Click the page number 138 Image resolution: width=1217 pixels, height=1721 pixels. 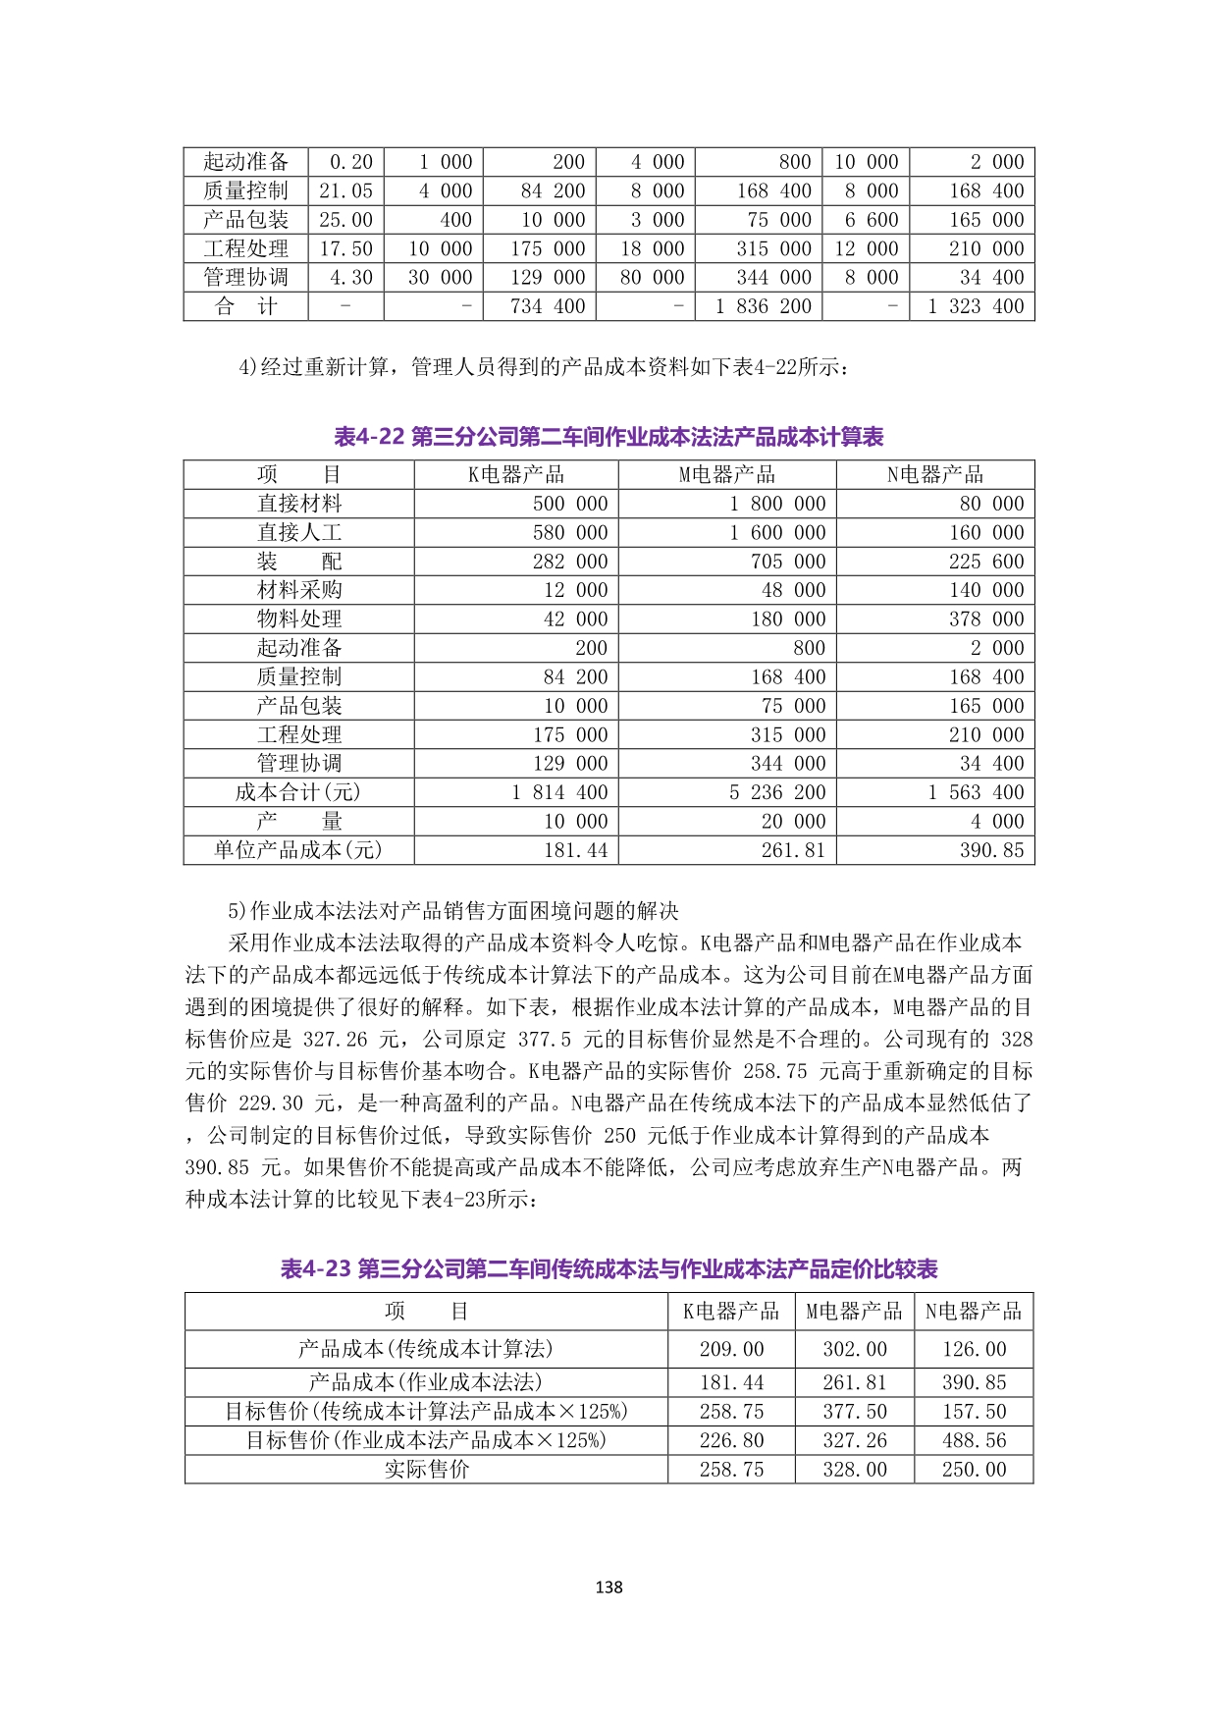608,1587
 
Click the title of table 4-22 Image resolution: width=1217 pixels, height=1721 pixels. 608,437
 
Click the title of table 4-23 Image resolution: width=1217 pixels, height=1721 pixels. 608,1268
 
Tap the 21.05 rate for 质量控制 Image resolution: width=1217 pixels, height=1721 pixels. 345,191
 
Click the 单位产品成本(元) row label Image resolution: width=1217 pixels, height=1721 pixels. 298,850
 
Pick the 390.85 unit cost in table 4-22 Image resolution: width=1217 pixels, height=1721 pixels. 991,850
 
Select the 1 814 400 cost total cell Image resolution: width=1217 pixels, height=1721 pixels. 559,792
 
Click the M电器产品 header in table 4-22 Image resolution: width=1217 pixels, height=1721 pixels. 727,475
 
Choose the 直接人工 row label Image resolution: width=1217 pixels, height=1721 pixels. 298,533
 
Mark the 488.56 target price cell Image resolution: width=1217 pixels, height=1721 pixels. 974,1440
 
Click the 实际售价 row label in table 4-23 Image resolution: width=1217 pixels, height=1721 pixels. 427,1469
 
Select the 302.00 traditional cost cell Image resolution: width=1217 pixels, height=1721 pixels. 854,1349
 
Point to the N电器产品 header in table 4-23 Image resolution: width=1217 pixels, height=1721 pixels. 974,1312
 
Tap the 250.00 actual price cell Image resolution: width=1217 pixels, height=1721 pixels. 974,1469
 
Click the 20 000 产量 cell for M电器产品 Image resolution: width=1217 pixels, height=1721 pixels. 794,822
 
